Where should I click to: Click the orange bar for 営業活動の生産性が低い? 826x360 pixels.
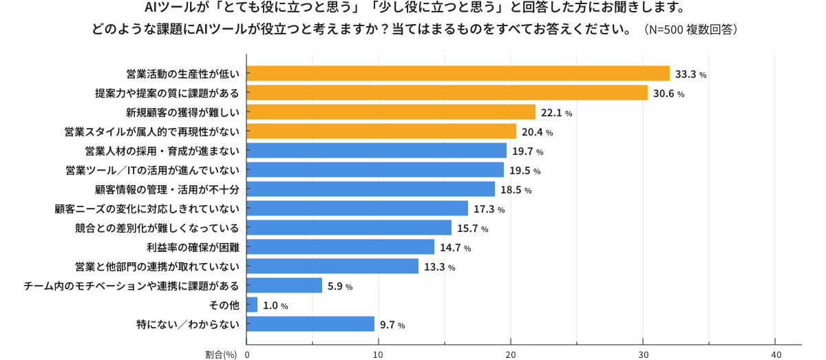pos(458,74)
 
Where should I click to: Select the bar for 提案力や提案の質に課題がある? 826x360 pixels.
pos(447,93)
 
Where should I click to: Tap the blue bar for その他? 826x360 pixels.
pos(252,305)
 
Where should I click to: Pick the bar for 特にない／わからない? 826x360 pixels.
pos(310,324)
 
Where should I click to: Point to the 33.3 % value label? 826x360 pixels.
pos(691,74)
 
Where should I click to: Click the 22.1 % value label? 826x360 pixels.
pos(557,113)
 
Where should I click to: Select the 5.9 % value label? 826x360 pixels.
pos(339,286)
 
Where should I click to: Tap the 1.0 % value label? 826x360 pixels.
pos(275,306)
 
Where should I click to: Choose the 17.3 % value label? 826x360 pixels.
pos(489,209)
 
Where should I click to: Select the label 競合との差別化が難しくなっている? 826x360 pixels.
pos(157,228)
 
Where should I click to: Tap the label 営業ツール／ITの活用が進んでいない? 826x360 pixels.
pos(152,170)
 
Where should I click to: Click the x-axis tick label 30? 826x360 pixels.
pos(643,354)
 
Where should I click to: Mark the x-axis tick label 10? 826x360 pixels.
pos(379,354)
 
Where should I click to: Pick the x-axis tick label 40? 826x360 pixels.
pos(775,354)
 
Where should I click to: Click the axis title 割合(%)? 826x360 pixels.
pos(221,354)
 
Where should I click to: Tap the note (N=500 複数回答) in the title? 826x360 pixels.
pos(690,30)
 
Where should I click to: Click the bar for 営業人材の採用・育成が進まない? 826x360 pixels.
pos(377,151)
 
